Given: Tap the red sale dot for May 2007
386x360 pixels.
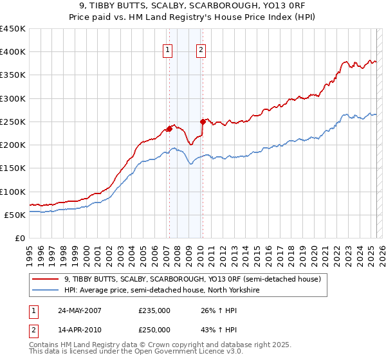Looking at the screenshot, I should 169,129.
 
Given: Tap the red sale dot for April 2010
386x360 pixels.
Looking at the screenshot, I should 202,121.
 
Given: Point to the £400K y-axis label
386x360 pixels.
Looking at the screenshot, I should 13,52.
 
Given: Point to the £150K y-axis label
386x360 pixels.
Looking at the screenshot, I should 13,168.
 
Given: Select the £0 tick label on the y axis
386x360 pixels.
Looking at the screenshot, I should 19,238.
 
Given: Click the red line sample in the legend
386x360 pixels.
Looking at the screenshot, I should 46,279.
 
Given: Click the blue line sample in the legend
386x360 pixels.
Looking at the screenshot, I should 46,290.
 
